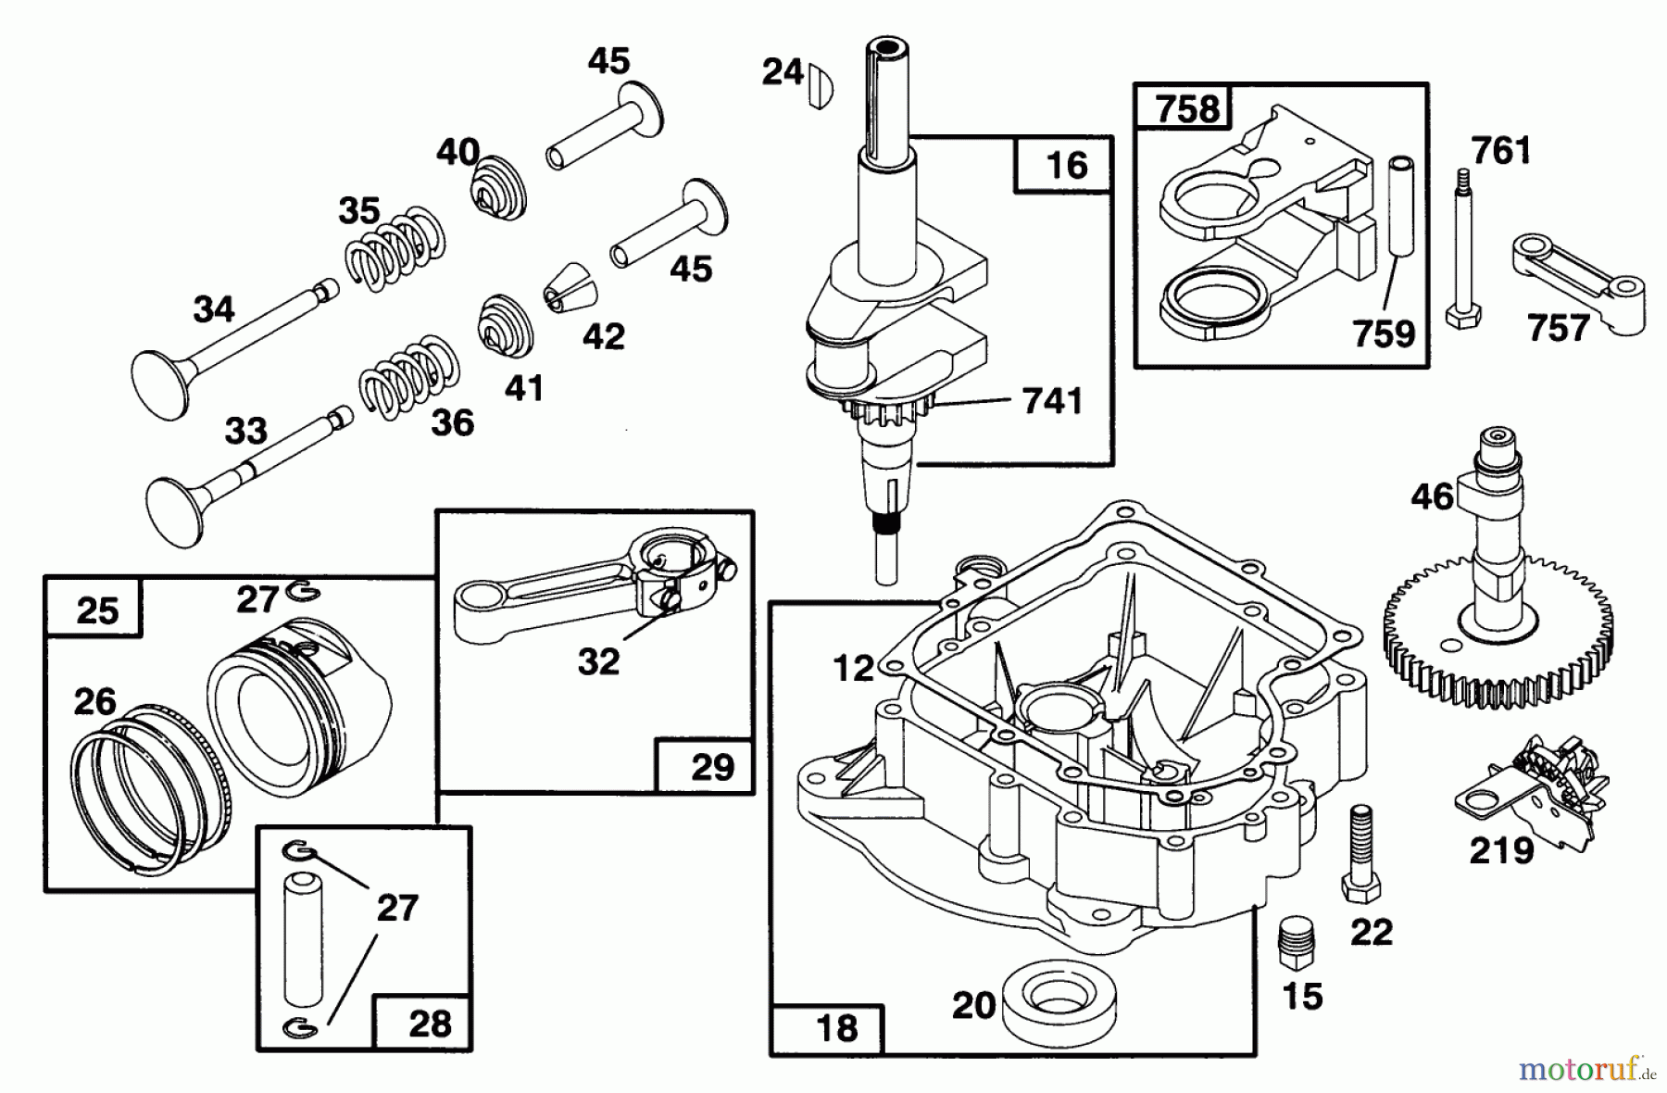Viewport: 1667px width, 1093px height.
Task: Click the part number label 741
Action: (1052, 401)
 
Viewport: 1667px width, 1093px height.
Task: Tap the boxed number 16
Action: (1065, 166)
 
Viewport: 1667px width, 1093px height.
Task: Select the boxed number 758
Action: (1187, 109)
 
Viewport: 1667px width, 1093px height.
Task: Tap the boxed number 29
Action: (711, 767)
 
